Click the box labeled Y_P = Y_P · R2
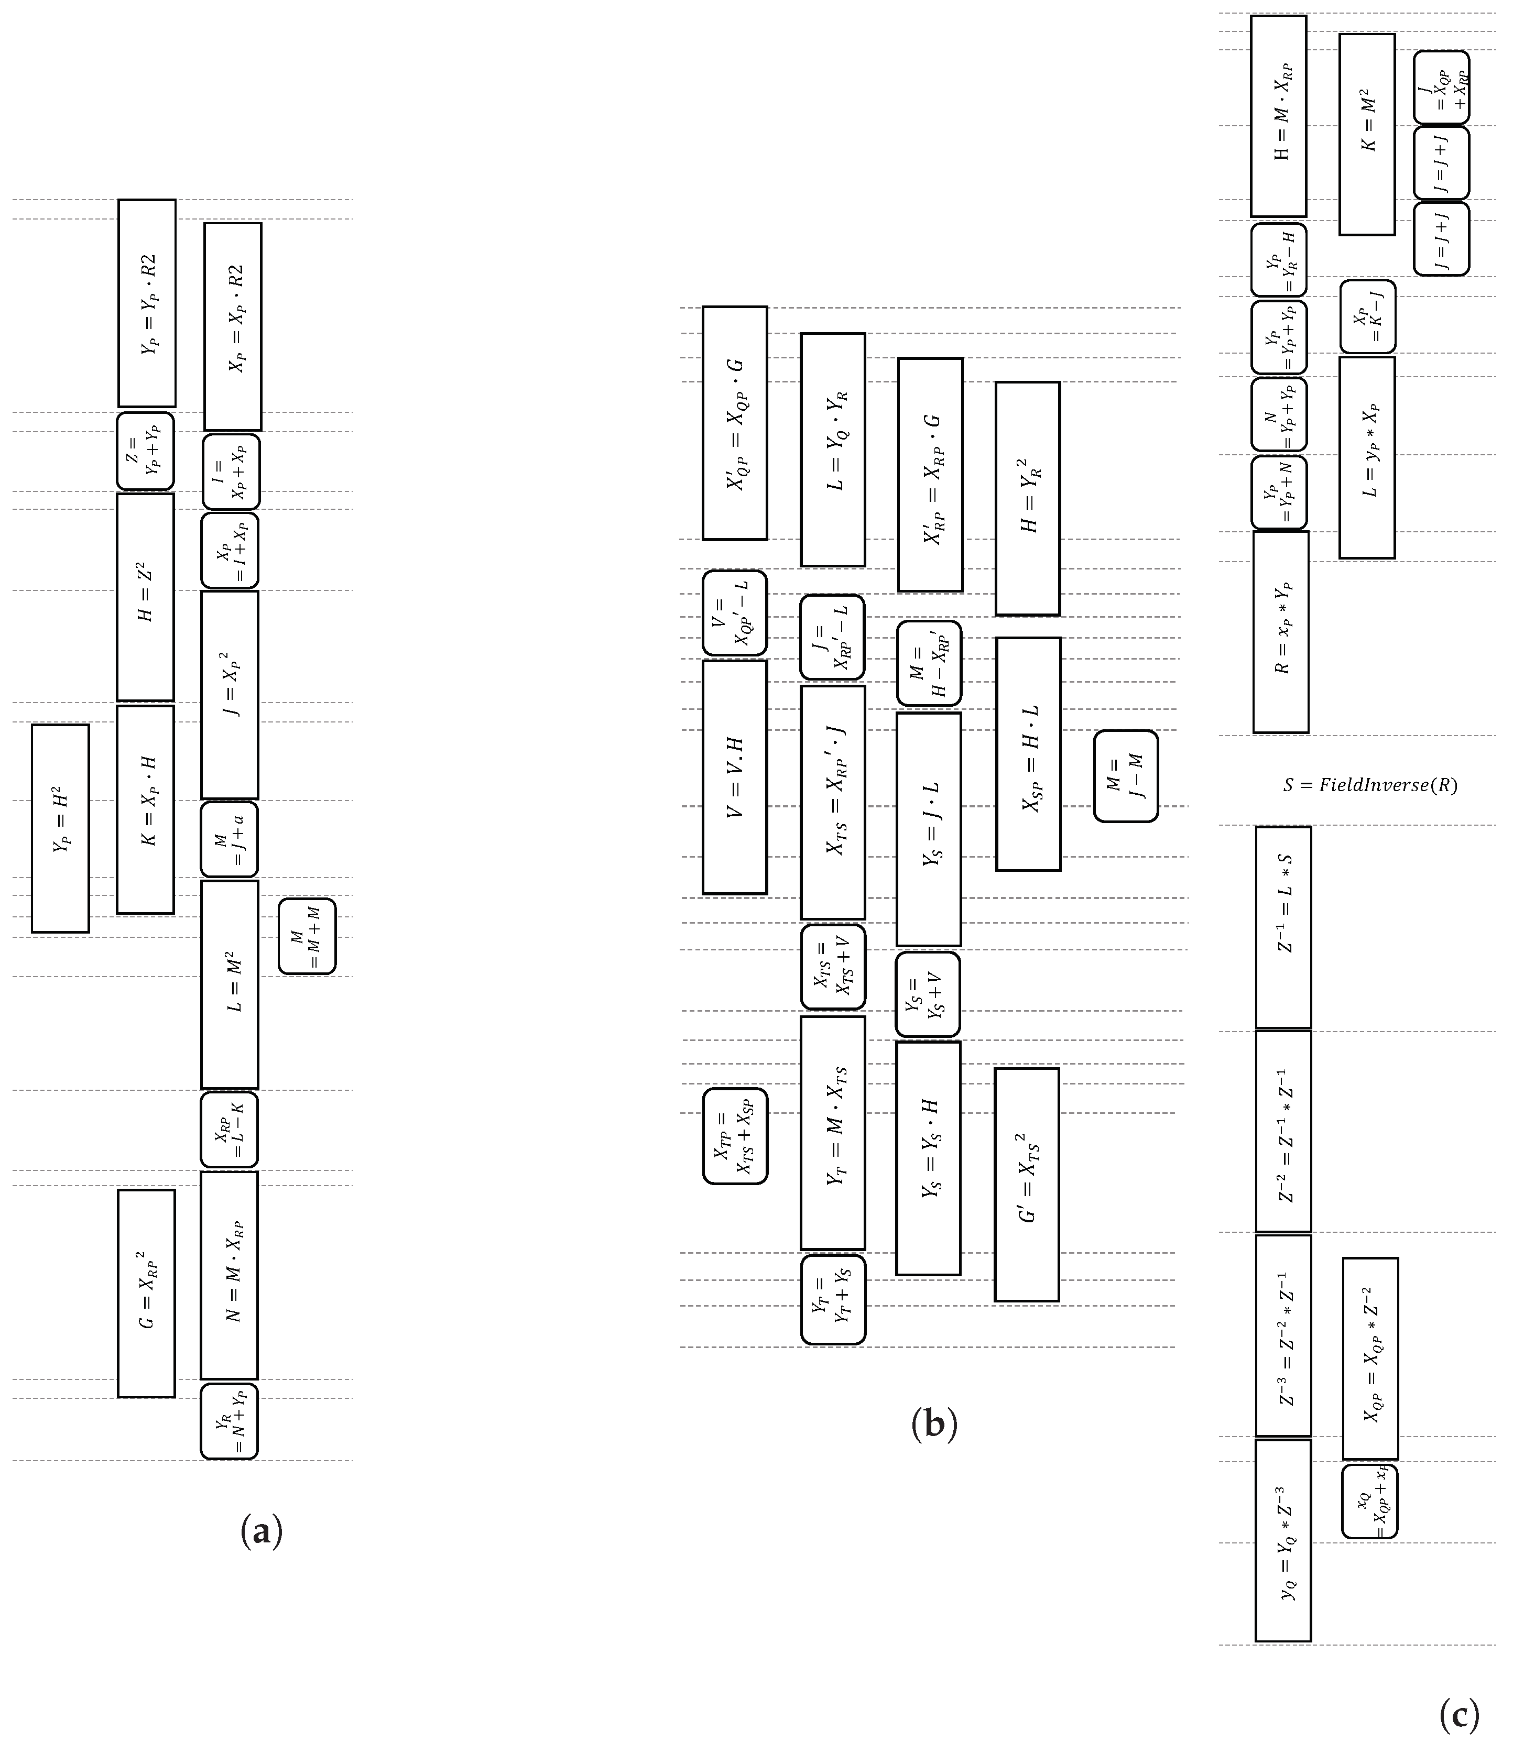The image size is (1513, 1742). (x=147, y=303)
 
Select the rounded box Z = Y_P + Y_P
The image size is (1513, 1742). (x=145, y=451)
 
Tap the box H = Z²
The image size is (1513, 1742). (x=145, y=597)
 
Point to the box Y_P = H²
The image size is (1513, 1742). (x=60, y=828)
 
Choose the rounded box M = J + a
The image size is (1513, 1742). (x=229, y=839)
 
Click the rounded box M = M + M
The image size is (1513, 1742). (x=307, y=936)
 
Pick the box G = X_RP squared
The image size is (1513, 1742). (x=146, y=1293)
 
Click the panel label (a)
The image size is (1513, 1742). (x=261, y=1531)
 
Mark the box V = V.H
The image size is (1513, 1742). (x=735, y=776)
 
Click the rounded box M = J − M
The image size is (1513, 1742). (x=1126, y=775)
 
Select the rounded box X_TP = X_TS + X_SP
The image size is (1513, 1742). (x=735, y=1136)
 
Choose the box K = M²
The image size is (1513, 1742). (x=1366, y=134)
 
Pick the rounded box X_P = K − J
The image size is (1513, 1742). (x=1367, y=316)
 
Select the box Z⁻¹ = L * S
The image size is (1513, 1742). (x=1283, y=927)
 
